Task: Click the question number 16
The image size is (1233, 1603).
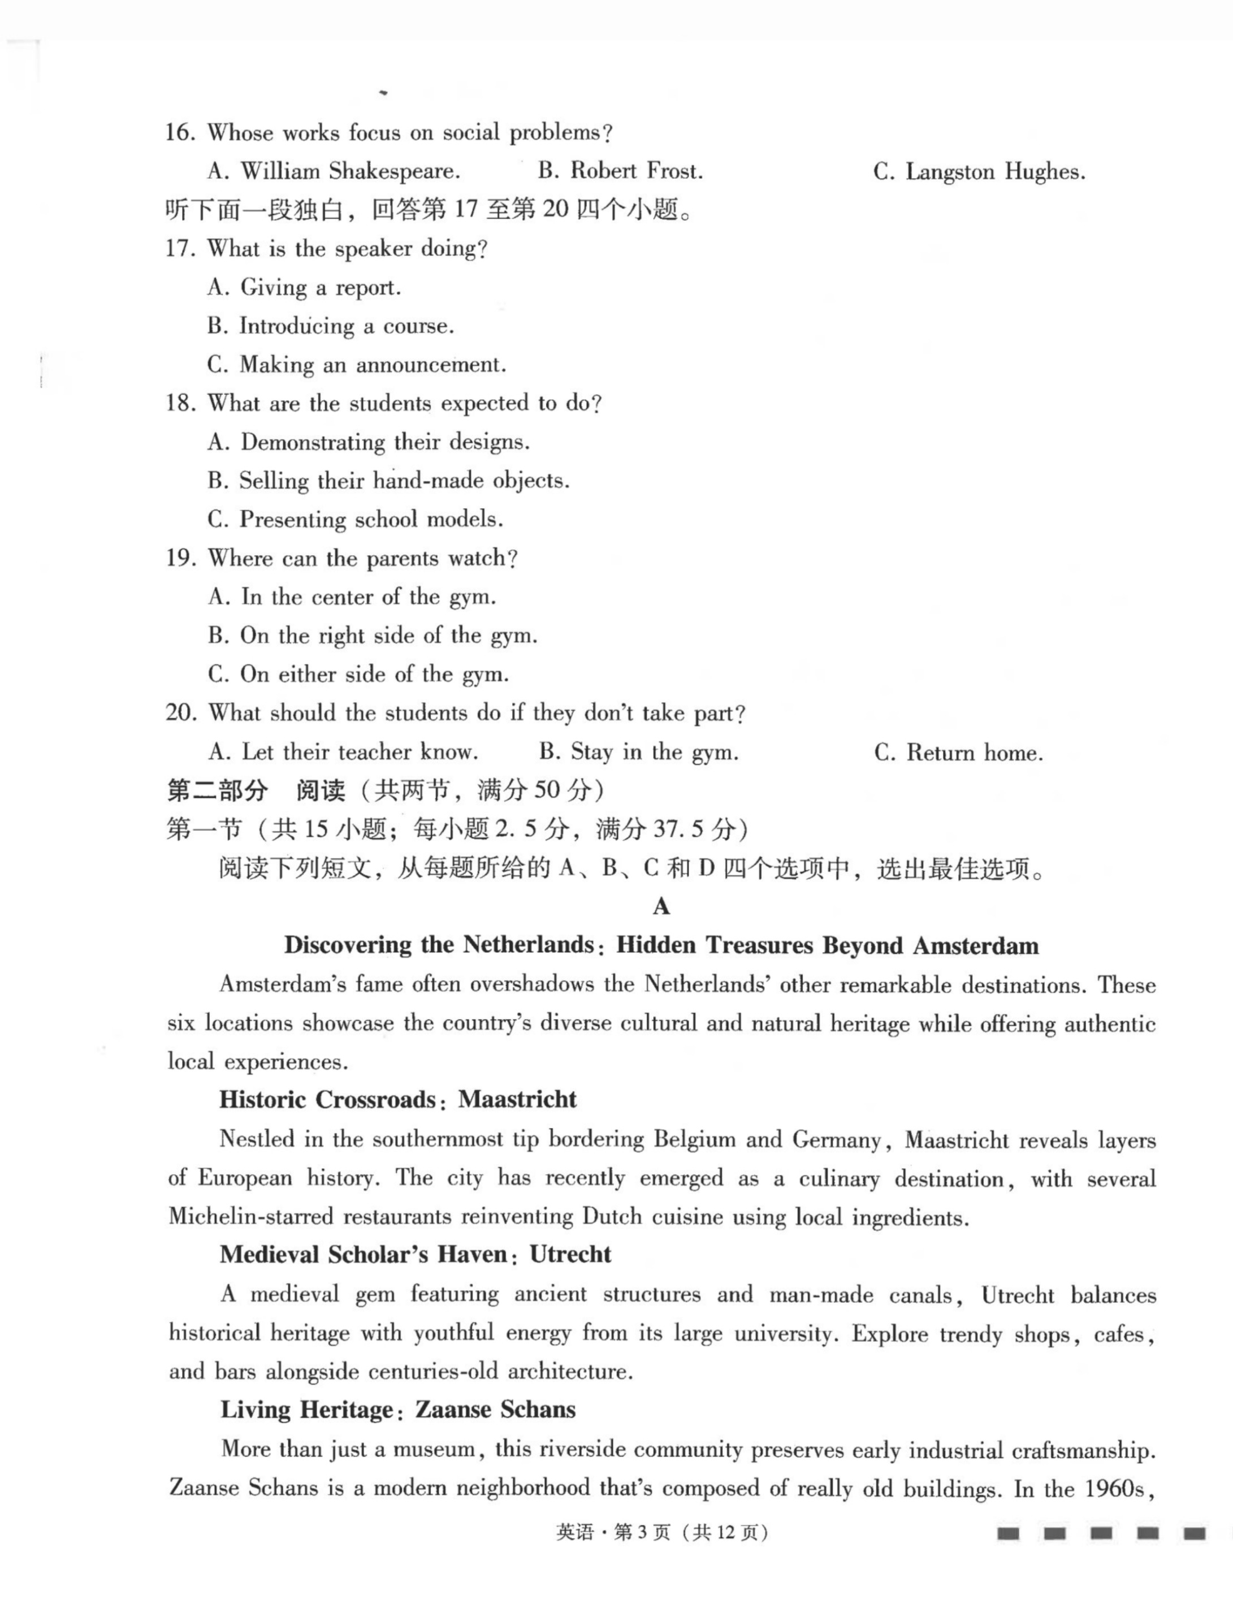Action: (x=180, y=133)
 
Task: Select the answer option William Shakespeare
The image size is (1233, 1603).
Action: (x=334, y=172)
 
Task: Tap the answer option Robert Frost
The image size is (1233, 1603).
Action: (x=620, y=172)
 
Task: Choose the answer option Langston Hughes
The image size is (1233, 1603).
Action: (x=979, y=172)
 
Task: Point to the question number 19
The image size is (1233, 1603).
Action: (x=180, y=559)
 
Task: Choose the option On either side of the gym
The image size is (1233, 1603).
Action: (x=358, y=675)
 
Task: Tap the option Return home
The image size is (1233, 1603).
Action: (x=958, y=753)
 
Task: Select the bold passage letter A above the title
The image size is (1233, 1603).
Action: (x=661, y=907)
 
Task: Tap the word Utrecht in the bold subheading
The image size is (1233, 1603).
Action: (x=570, y=1254)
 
